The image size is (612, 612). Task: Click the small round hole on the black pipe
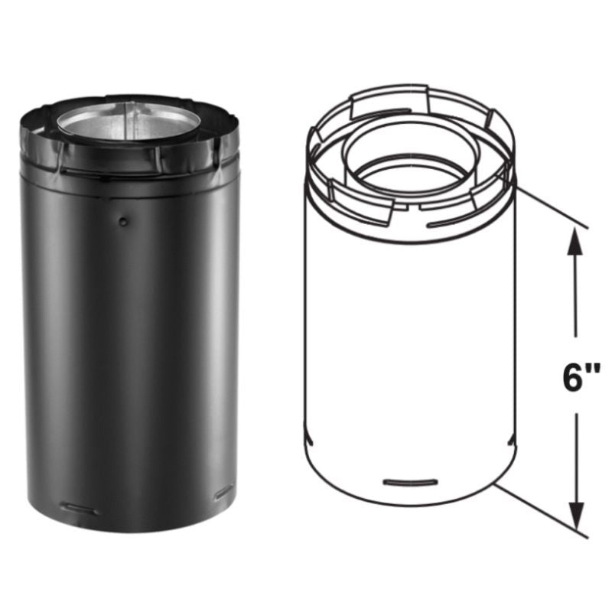coord(124,221)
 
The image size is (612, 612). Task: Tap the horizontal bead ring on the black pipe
coord(130,178)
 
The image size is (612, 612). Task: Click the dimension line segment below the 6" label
coord(575,459)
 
